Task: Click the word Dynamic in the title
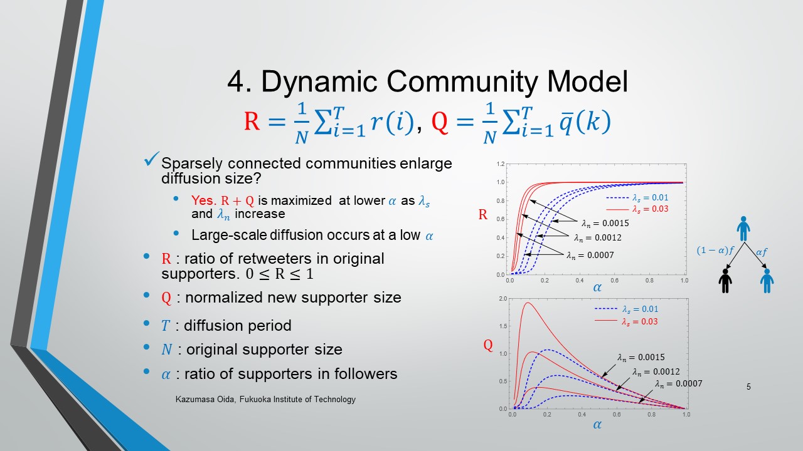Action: pyautogui.click(x=319, y=82)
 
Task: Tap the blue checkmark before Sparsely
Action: pyautogui.click(x=151, y=159)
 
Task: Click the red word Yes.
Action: pyautogui.click(x=204, y=200)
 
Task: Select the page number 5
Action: pyautogui.click(x=748, y=386)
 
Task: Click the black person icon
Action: pyautogui.click(x=725, y=281)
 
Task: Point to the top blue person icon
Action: pyautogui.click(x=743, y=229)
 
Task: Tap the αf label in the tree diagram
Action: pyautogui.click(x=762, y=252)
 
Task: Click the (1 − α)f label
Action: pyautogui.click(x=716, y=251)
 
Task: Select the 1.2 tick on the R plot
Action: pyautogui.click(x=501, y=164)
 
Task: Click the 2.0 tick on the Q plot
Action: pyautogui.click(x=503, y=299)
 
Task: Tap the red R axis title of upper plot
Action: pyautogui.click(x=483, y=214)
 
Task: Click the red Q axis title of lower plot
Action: pyautogui.click(x=488, y=345)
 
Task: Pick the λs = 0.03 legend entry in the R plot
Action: pyautogui.click(x=637, y=209)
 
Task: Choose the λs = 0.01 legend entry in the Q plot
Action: pyautogui.click(x=627, y=309)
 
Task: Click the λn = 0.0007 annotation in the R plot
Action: pyautogui.click(x=590, y=255)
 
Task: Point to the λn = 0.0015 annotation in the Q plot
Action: pyautogui.click(x=641, y=357)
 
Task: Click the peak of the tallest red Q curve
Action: pyautogui.click(x=528, y=303)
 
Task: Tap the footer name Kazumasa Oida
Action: pyautogui.click(x=205, y=400)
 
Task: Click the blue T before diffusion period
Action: pyautogui.click(x=165, y=326)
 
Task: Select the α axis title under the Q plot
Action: pyautogui.click(x=597, y=425)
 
